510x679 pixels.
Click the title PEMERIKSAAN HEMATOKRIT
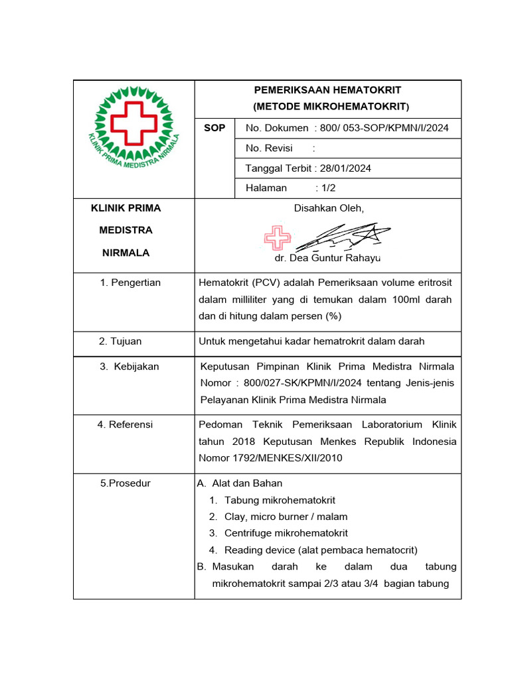[x=328, y=90]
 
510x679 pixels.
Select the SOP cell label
[x=214, y=127]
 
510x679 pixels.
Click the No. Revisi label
[x=269, y=148]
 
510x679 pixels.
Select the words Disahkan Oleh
[x=329, y=208]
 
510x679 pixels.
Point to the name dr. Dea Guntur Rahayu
[x=327, y=258]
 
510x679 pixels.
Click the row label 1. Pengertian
[x=130, y=283]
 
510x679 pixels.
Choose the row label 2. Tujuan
[x=120, y=341]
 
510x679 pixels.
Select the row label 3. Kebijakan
[x=129, y=366]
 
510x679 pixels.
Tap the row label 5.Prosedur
[x=126, y=483]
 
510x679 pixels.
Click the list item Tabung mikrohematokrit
[x=280, y=500]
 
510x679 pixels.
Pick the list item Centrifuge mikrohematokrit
[x=286, y=533]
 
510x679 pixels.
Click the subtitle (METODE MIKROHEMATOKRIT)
[x=331, y=107]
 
